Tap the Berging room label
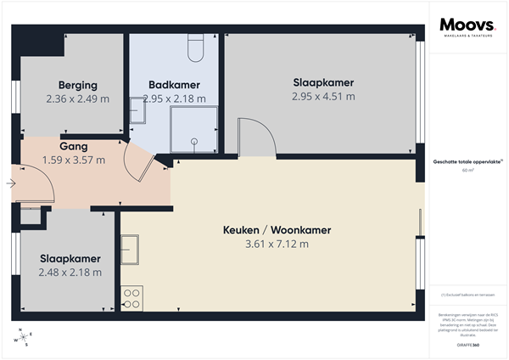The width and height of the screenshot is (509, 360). (x=78, y=85)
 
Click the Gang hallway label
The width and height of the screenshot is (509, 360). (x=74, y=146)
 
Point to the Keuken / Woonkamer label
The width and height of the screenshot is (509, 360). (x=277, y=230)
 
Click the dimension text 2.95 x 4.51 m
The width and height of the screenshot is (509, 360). (x=323, y=96)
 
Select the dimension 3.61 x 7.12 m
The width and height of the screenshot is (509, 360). (x=277, y=244)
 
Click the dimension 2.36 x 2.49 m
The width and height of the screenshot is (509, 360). (x=78, y=98)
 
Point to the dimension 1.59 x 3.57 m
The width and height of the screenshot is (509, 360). (x=74, y=160)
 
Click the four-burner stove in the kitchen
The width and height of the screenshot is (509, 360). (x=132, y=297)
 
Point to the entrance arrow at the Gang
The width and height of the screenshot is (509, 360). (x=11, y=183)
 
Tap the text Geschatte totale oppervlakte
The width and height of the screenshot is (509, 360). (x=467, y=161)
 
